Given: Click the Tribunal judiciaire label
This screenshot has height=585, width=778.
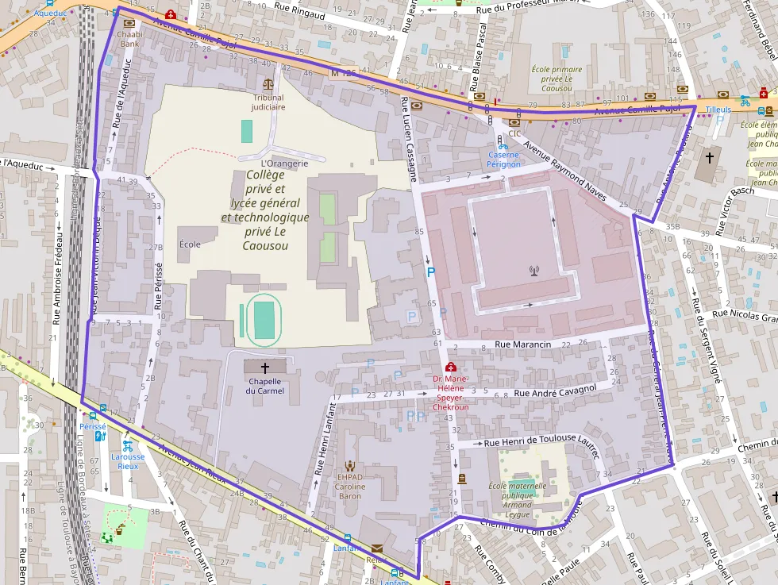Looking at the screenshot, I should coord(268,101).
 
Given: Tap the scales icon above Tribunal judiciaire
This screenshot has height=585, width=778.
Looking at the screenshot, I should coord(268,83).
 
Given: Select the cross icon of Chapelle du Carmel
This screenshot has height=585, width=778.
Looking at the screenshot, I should coord(264,368).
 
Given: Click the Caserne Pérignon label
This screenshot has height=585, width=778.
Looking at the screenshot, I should coord(504,159).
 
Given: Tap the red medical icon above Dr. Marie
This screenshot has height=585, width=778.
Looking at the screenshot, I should coord(451,367).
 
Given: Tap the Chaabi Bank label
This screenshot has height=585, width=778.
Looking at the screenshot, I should coord(129,40).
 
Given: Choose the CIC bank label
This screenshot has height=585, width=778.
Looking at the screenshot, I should coord(514,133).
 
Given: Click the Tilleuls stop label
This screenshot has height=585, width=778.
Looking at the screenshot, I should coord(717,110).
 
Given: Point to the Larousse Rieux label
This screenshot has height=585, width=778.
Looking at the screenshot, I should coord(127,461).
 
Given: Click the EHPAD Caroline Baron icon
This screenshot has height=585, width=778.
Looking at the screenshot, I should coord(349,466).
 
